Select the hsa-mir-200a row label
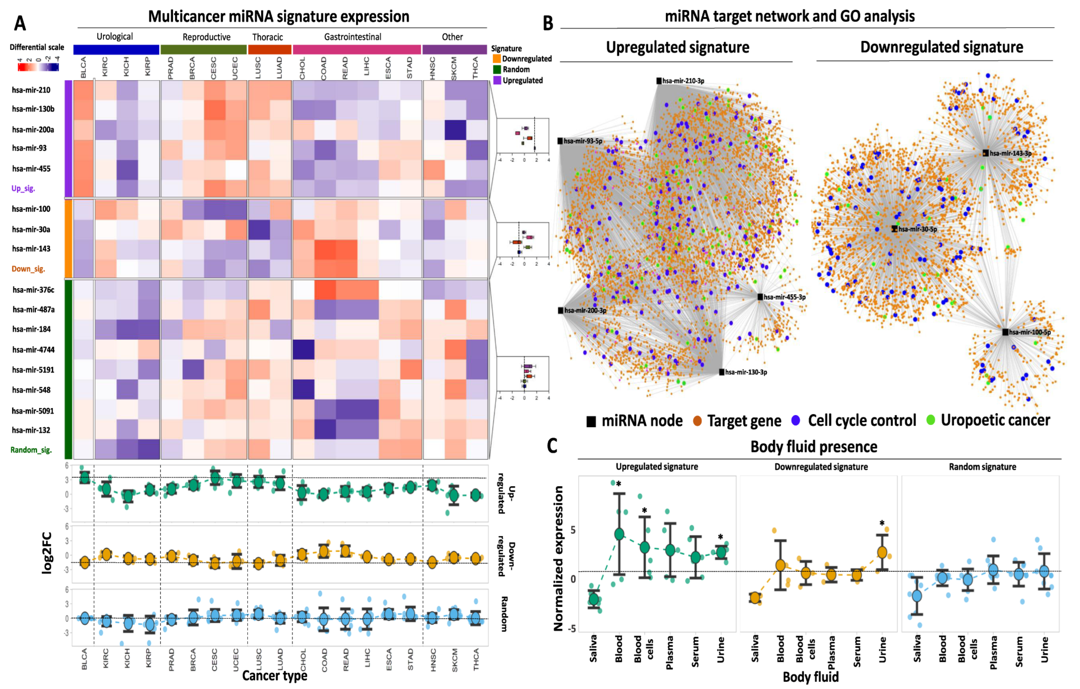(33, 129)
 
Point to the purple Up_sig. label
(23, 188)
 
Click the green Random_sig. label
(31, 450)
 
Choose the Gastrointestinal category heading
(353, 37)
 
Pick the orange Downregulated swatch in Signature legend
(497, 59)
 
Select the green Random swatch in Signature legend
(497, 69)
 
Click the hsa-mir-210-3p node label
(683, 81)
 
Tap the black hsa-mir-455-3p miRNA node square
(760, 297)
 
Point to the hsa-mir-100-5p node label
(1030, 332)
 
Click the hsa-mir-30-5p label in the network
(918, 229)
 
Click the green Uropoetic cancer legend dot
(931, 420)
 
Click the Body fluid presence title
(814, 447)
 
